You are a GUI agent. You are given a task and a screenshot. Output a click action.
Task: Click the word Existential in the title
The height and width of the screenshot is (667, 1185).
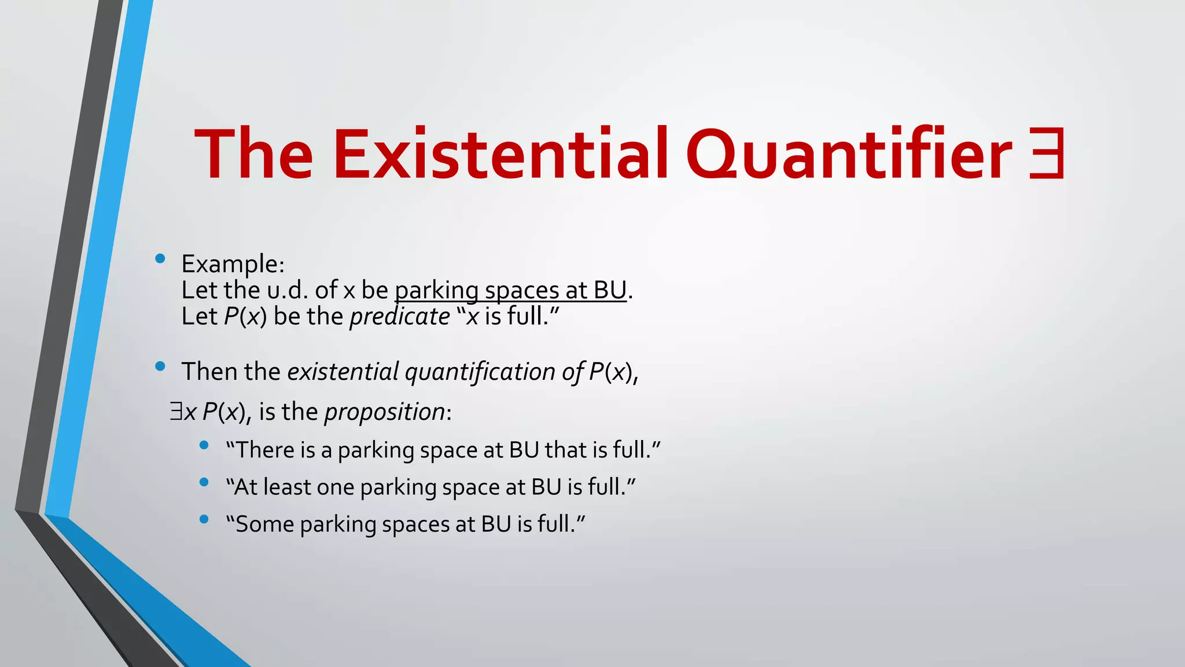click(x=501, y=154)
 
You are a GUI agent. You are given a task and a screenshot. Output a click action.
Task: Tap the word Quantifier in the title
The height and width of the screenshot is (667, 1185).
click(x=849, y=154)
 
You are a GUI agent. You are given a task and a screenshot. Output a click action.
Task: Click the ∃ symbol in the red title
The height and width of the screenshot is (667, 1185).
click(x=1047, y=154)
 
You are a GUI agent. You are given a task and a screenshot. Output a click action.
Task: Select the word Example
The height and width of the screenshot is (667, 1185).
click(x=230, y=264)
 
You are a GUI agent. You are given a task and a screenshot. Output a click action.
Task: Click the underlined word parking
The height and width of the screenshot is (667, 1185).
click(x=437, y=291)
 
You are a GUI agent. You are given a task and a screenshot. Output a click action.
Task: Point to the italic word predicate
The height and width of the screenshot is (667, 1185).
click(x=400, y=317)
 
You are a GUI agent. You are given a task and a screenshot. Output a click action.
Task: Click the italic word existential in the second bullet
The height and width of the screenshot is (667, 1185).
click(x=343, y=372)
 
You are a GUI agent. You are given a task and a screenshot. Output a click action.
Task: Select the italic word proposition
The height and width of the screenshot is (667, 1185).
click(x=385, y=412)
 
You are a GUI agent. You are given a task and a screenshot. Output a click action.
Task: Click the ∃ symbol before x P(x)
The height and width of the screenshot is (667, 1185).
click(x=176, y=412)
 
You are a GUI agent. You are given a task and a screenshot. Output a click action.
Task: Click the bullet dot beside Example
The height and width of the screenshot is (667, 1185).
click(x=160, y=259)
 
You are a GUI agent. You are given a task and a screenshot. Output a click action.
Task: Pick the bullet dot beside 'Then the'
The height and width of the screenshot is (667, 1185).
click(x=160, y=366)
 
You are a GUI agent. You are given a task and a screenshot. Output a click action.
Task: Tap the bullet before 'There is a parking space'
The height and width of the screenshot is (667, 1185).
click(x=204, y=445)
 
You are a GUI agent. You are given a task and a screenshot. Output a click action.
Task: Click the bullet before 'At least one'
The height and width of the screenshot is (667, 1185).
click(x=204, y=482)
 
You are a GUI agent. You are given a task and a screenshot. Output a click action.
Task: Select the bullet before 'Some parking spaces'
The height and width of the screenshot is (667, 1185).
click(x=204, y=519)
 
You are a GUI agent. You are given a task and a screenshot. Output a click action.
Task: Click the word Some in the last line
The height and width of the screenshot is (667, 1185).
click(x=265, y=524)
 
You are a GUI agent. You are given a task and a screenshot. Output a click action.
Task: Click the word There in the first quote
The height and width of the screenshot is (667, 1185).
click(x=266, y=450)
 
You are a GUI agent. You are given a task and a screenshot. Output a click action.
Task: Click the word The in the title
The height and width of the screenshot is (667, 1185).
click(x=253, y=154)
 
